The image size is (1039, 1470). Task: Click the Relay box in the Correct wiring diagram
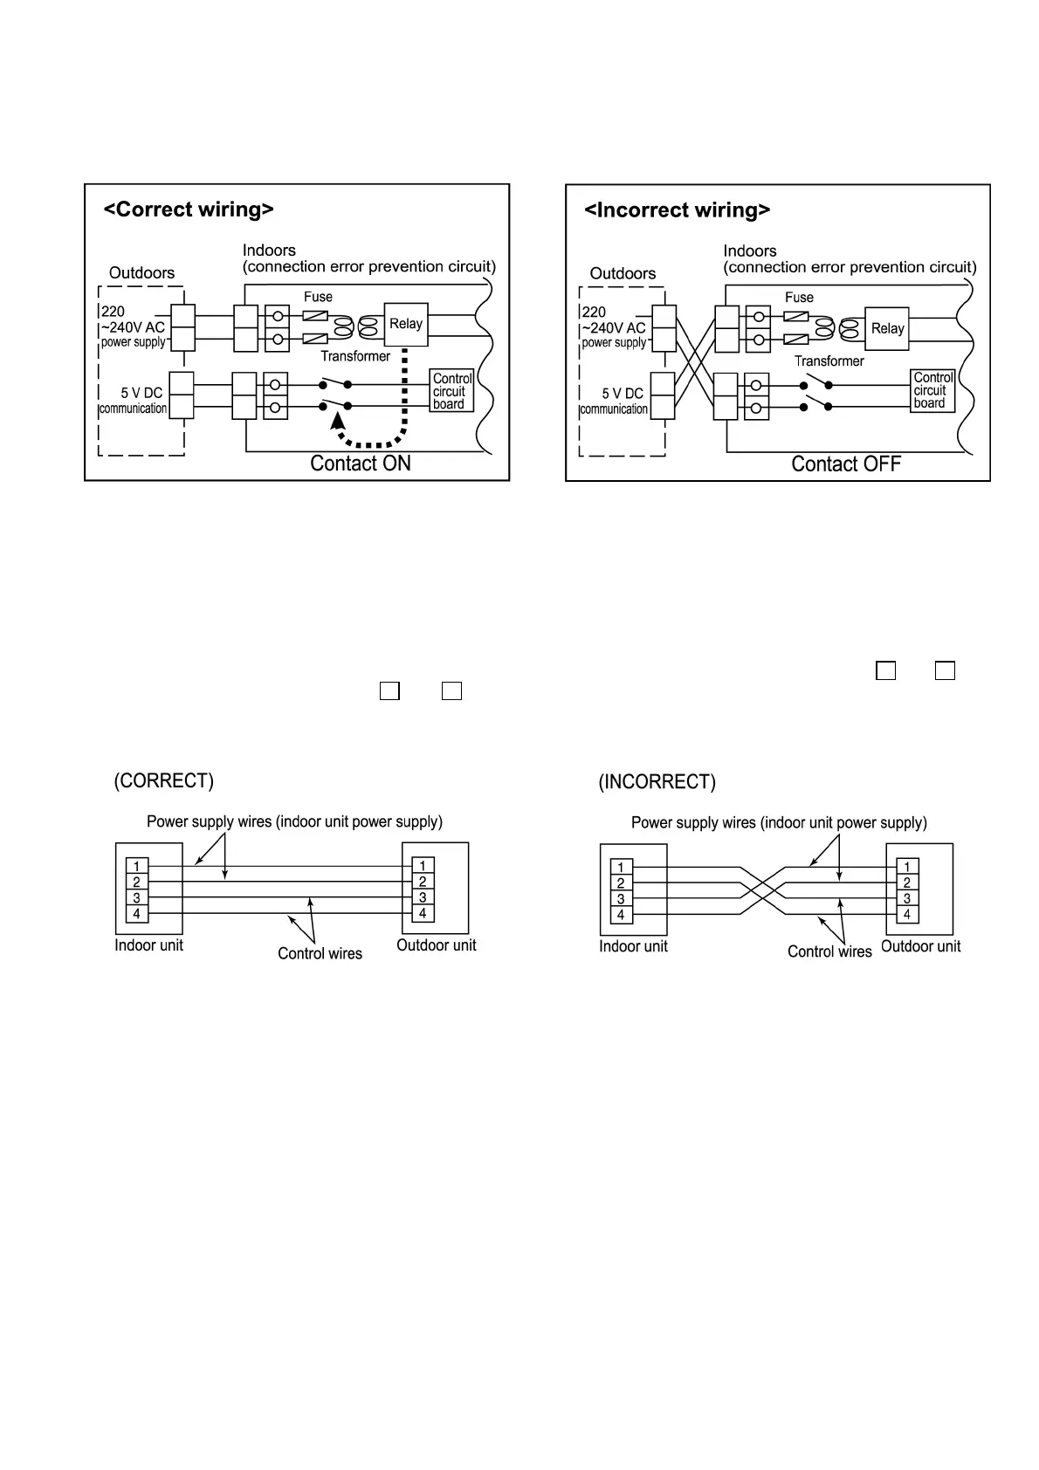pyautogui.click(x=406, y=324)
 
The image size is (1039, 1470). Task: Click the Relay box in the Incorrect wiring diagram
pyautogui.click(x=887, y=329)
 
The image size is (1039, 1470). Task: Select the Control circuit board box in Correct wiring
pyautogui.click(x=452, y=391)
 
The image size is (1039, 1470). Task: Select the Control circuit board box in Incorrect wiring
pyautogui.click(x=932, y=390)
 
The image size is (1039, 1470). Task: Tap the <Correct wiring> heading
pyautogui.click(x=189, y=210)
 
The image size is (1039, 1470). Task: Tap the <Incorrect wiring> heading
pyautogui.click(x=677, y=210)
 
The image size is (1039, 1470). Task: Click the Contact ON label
pyautogui.click(x=361, y=464)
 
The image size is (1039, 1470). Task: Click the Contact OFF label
pyautogui.click(x=845, y=464)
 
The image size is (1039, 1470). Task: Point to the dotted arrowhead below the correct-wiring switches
pyautogui.click(x=337, y=421)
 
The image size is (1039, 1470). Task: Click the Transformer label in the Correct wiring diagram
pyautogui.click(x=355, y=356)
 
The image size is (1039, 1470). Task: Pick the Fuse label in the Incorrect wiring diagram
pyautogui.click(x=799, y=298)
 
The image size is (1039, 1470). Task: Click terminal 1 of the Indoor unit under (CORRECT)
pyautogui.click(x=136, y=867)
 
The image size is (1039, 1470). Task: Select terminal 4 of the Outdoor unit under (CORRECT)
pyautogui.click(x=423, y=914)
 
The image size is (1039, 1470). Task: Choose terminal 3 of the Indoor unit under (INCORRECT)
pyautogui.click(x=621, y=899)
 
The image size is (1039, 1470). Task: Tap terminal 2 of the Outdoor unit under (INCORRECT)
pyautogui.click(x=907, y=883)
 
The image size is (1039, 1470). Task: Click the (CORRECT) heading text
pyautogui.click(x=164, y=781)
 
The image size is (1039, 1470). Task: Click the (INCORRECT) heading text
pyautogui.click(x=657, y=782)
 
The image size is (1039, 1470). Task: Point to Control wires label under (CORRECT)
pyautogui.click(x=320, y=954)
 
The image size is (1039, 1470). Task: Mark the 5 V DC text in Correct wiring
pyautogui.click(x=141, y=394)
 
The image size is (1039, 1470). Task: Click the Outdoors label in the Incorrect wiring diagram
pyautogui.click(x=623, y=274)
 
